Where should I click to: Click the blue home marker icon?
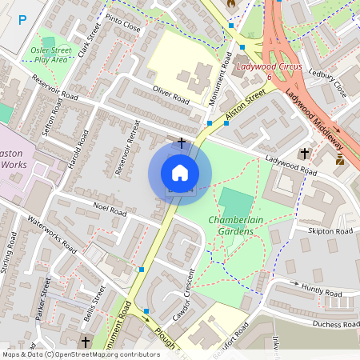point(180,173)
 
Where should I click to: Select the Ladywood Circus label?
point(269,67)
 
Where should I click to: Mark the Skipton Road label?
point(330,231)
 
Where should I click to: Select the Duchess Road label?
point(337,325)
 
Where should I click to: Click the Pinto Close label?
point(122,27)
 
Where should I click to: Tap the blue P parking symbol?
point(22,19)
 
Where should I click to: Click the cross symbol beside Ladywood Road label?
point(304,153)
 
